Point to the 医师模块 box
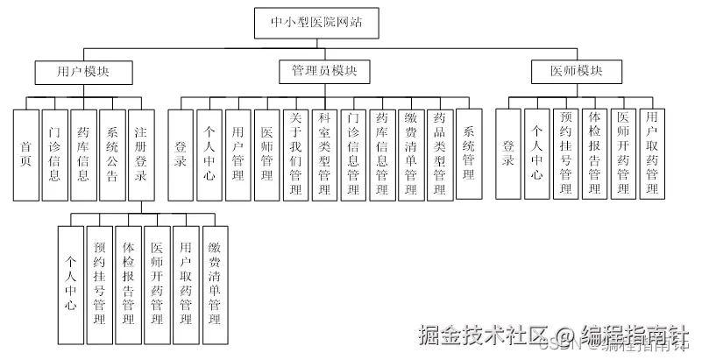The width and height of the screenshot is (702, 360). (570, 72)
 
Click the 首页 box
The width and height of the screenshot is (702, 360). (26, 152)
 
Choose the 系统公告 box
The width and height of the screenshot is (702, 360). (112, 152)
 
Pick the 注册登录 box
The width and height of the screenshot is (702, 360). (141, 152)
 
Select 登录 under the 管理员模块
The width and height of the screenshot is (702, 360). (181, 152)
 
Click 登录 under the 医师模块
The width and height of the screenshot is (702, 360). (508, 152)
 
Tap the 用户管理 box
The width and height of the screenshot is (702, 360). (238, 152)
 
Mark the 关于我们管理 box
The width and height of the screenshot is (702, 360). (296, 152)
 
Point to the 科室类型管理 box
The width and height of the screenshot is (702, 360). (325, 152)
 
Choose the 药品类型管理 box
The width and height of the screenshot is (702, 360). (440, 152)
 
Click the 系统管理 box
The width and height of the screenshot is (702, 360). (469, 152)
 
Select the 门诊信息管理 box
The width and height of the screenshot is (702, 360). (354, 152)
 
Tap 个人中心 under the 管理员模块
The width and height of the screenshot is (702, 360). (209, 152)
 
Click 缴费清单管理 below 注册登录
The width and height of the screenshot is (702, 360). (213, 284)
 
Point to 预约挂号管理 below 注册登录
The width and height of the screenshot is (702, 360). (100, 284)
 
